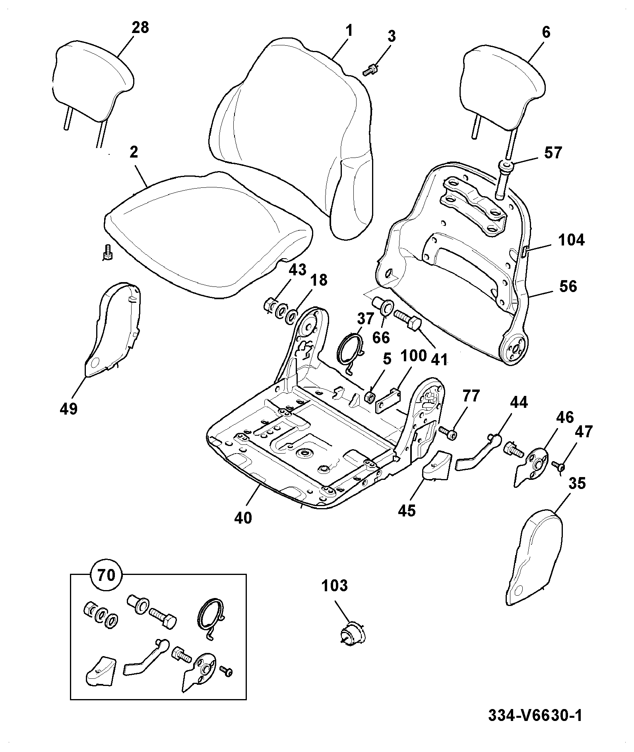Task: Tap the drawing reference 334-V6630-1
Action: pos(535,715)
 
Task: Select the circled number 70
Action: pos(106,575)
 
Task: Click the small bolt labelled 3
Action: pos(370,71)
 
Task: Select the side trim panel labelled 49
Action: pos(114,330)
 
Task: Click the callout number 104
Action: pos(571,240)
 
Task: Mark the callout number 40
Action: pos(243,517)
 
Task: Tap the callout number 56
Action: pos(568,286)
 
